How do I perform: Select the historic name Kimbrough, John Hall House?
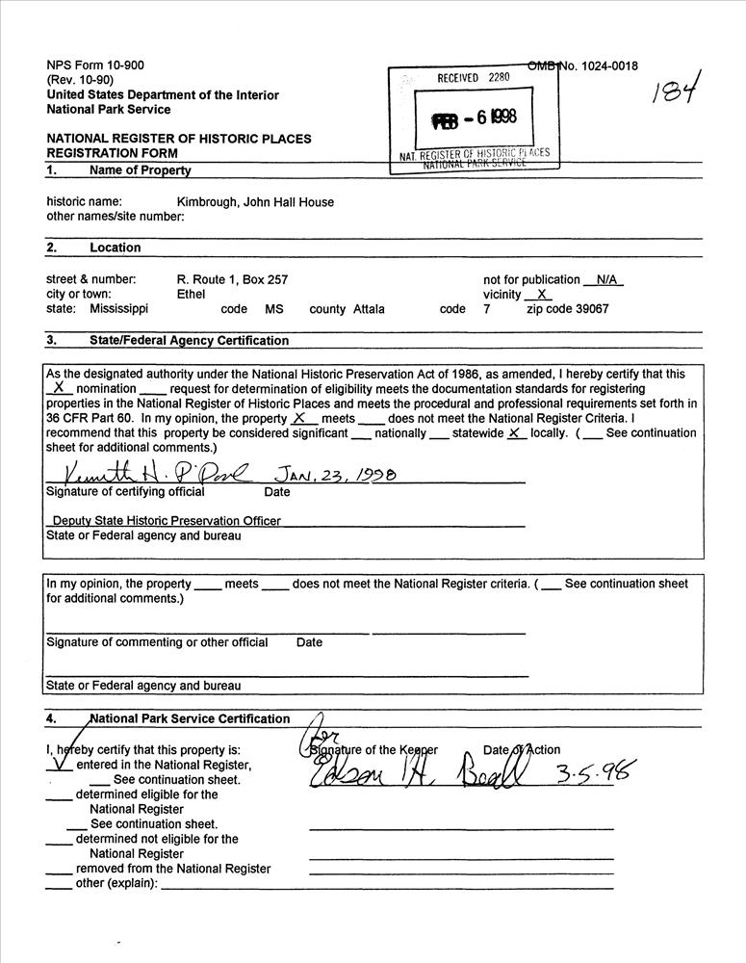[255, 201]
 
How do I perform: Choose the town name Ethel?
[192, 294]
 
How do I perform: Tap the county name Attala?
[369, 309]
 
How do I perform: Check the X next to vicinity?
[543, 295]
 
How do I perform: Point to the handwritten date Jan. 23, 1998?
[336, 475]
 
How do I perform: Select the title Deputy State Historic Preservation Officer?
[167, 520]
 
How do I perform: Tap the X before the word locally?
[514, 432]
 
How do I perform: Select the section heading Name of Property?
[140, 170]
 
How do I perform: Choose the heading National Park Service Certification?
[189, 718]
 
